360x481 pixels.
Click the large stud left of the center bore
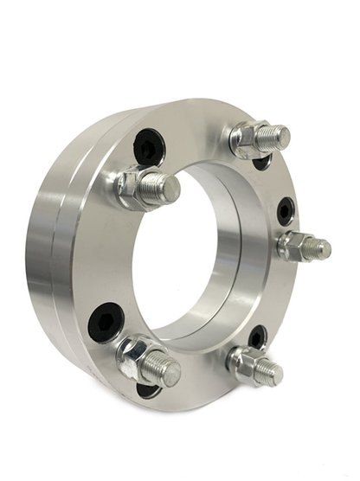click(x=161, y=189)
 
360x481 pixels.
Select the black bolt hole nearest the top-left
click(x=149, y=146)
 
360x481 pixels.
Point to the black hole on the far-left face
click(x=105, y=323)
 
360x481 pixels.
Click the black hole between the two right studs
click(x=285, y=210)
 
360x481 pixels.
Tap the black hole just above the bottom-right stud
click(x=257, y=336)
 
